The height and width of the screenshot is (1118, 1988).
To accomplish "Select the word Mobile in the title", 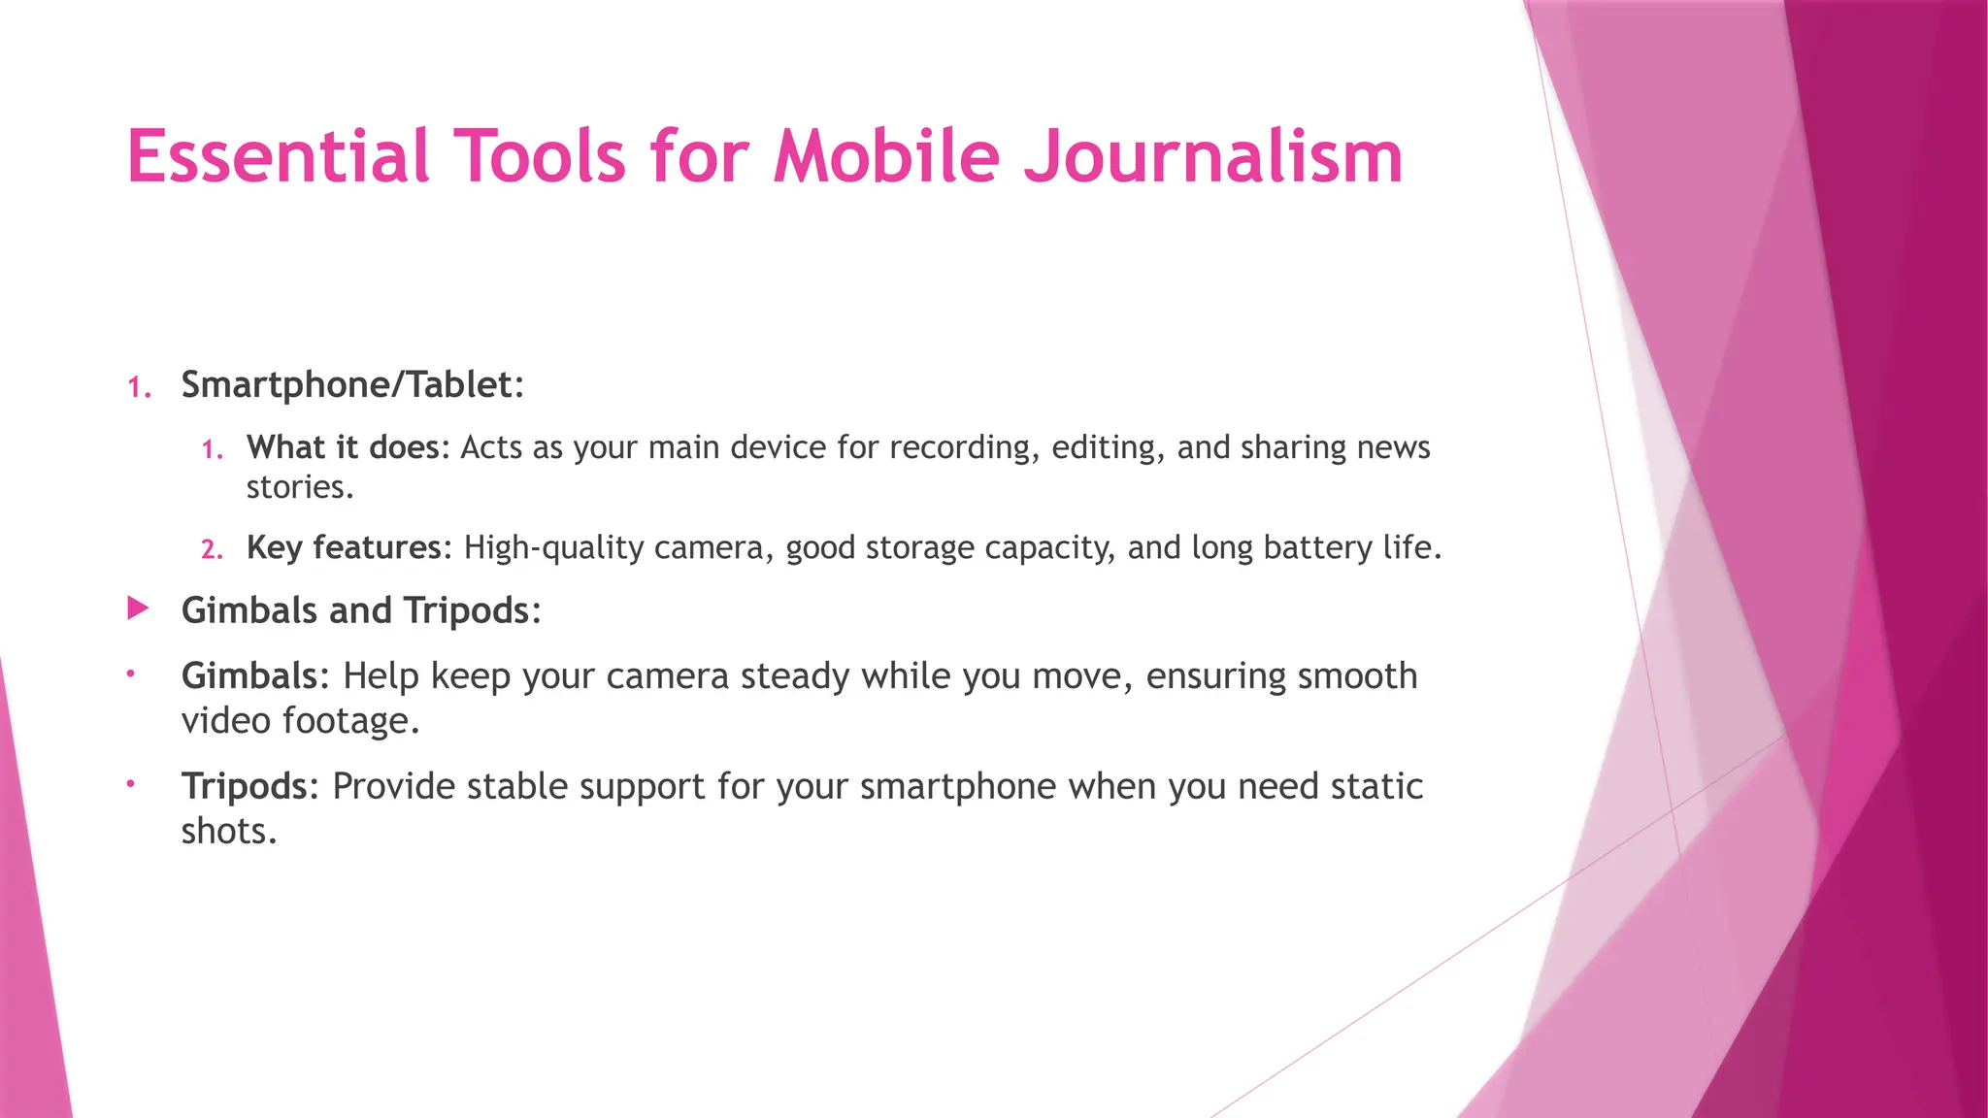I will tap(886, 157).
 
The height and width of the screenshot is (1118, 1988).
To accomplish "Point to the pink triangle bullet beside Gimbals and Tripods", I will tap(138, 609).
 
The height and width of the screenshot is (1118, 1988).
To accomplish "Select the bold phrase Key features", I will tap(344, 548).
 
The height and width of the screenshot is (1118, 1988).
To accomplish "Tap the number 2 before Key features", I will tap(211, 550).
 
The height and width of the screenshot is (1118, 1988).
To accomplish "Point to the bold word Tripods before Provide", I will tap(245, 786).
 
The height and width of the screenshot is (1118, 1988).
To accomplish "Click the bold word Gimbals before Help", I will tap(249, 675).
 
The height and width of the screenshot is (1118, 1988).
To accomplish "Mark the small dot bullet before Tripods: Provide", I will tap(130, 783).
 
